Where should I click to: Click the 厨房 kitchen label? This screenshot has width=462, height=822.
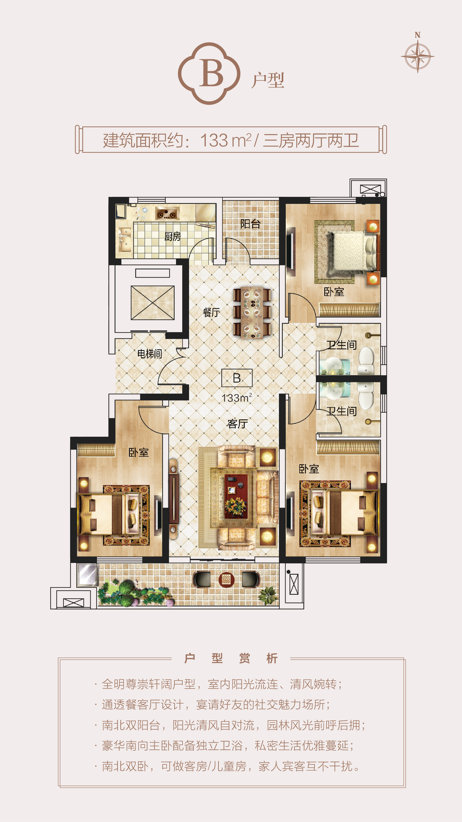click(172, 236)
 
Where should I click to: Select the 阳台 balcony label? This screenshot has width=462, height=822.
click(250, 224)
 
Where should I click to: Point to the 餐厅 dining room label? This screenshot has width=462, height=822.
click(211, 312)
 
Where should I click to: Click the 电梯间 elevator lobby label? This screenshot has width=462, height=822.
click(150, 354)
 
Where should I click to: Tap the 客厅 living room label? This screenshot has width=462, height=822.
click(238, 424)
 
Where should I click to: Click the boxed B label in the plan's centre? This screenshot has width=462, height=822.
click(237, 378)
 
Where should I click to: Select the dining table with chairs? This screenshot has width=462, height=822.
click(252, 313)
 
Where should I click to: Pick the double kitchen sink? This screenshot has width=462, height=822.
click(125, 239)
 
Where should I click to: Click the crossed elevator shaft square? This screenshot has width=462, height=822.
click(153, 303)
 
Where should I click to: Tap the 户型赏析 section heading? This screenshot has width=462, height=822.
click(231, 658)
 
